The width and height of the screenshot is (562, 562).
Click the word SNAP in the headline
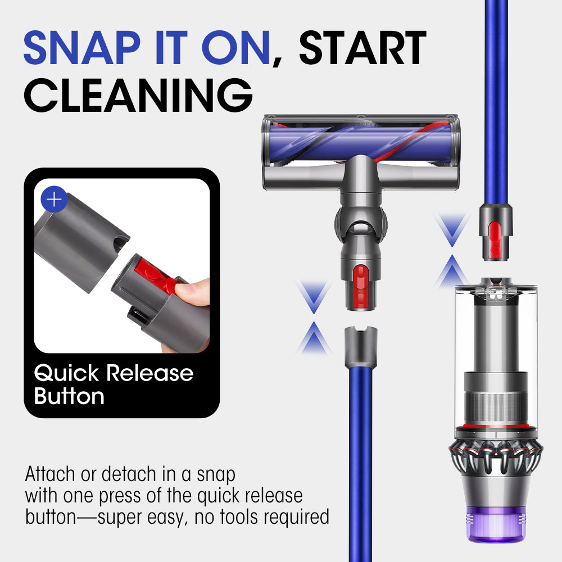point(82,48)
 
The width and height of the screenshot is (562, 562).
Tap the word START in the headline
point(362,48)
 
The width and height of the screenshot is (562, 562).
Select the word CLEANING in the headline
point(138,95)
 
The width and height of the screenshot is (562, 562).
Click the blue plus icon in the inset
point(54,199)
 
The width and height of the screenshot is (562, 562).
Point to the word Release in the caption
point(150,373)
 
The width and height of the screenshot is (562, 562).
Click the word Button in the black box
point(69,396)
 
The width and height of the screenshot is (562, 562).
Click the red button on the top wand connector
point(495,239)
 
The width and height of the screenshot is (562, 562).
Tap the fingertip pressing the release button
point(188,291)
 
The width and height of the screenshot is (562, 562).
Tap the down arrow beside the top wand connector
point(452,229)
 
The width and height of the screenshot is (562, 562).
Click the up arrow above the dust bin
point(452,271)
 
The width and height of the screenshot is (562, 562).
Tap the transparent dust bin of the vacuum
point(496,355)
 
